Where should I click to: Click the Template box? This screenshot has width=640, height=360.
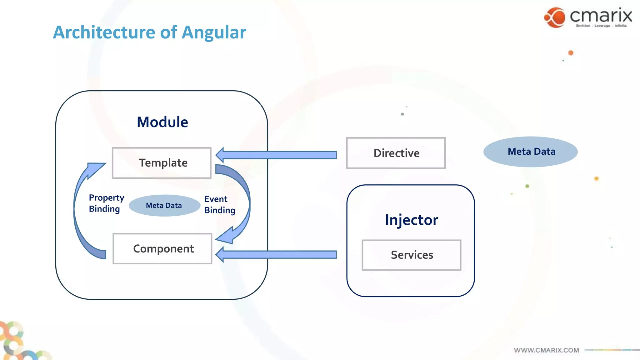162,163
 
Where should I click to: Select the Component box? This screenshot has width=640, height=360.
162,249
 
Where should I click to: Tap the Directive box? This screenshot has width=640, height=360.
396,153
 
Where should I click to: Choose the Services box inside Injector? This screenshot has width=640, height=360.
411,255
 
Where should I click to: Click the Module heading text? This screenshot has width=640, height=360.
162,122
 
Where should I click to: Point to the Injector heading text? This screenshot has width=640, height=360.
411,220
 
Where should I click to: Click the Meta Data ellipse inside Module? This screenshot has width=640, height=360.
164,205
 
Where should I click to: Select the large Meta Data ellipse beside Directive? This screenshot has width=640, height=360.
530,152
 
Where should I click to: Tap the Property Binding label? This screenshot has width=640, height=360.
106,203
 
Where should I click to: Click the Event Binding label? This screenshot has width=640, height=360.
219,205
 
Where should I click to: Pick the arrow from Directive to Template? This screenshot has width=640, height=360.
278,155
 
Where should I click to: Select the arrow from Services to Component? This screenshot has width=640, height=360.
278,254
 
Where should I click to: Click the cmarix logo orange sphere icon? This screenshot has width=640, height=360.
555,17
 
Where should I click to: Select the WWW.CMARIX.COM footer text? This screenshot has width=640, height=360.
546,350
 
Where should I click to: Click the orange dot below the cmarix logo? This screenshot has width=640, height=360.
571,53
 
